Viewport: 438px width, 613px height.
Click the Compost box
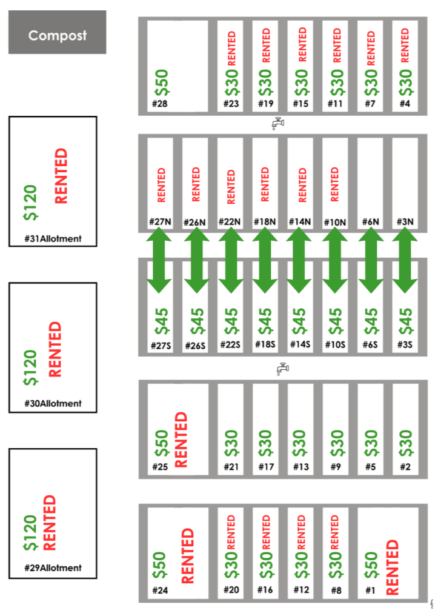click(x=58, y=35)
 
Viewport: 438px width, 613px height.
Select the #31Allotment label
click(x=53, y=239)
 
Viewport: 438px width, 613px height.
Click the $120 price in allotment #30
click(x=31, y=367)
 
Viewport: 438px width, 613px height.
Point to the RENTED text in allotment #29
click(x=50, y=523)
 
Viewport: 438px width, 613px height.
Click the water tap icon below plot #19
click(x=277, y=124)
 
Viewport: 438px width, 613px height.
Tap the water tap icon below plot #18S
click(x=281, y=368)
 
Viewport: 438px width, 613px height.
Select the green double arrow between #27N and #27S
click(x=161, y=261)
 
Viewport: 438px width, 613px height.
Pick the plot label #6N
click(x=370, y=222)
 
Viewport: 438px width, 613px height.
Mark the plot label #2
click(x=405, y=467)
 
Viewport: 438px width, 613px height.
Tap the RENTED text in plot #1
click(x=393, y=568)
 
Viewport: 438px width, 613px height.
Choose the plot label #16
click(x=265, y=590)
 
